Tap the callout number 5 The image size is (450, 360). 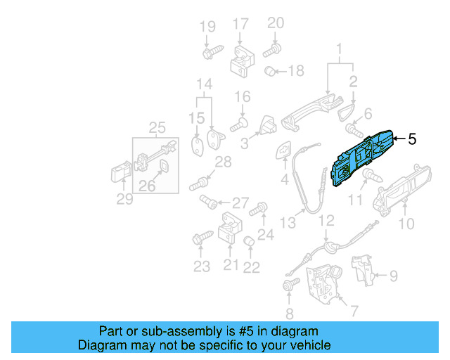click(412, 139)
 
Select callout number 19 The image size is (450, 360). click(207, 27)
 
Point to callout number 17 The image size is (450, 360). click(240, 24)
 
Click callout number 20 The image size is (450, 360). click(276, 22)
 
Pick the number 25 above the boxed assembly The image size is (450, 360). click(157, 128)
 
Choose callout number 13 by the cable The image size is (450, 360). click(288, 223)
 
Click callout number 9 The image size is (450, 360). click(393, 276)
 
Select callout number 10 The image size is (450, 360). click(407, 224)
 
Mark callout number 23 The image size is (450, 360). click(202, 266)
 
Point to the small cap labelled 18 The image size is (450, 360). click(269, 71)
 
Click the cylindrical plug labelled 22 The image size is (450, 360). click(248, 243)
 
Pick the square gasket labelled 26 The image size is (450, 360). click(162, 166)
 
